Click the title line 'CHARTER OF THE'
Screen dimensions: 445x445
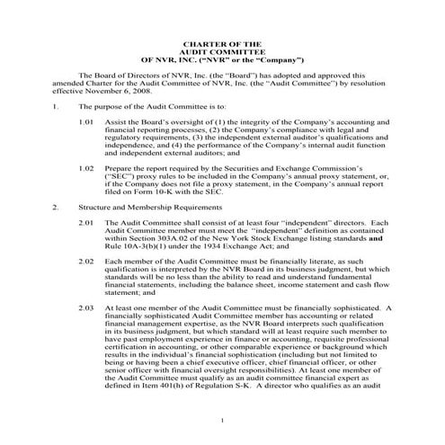pos(221,43)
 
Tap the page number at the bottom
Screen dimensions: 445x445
pos(222,420)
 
